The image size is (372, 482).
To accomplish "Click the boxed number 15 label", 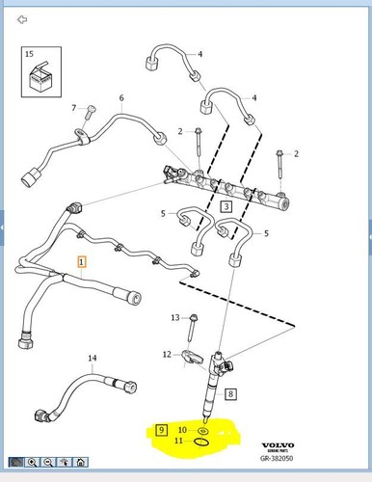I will [x=29, y=54].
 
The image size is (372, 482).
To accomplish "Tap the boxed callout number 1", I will [x=82, y=261].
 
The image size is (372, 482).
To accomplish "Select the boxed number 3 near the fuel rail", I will [x=226, y=206].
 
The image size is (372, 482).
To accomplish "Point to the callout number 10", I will [x=182, y=428].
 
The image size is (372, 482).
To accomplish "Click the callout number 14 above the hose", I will [x=93, y=359].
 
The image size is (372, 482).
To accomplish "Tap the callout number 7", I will [x=73, y=108].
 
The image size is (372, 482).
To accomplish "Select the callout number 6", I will [x=121, y=98].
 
